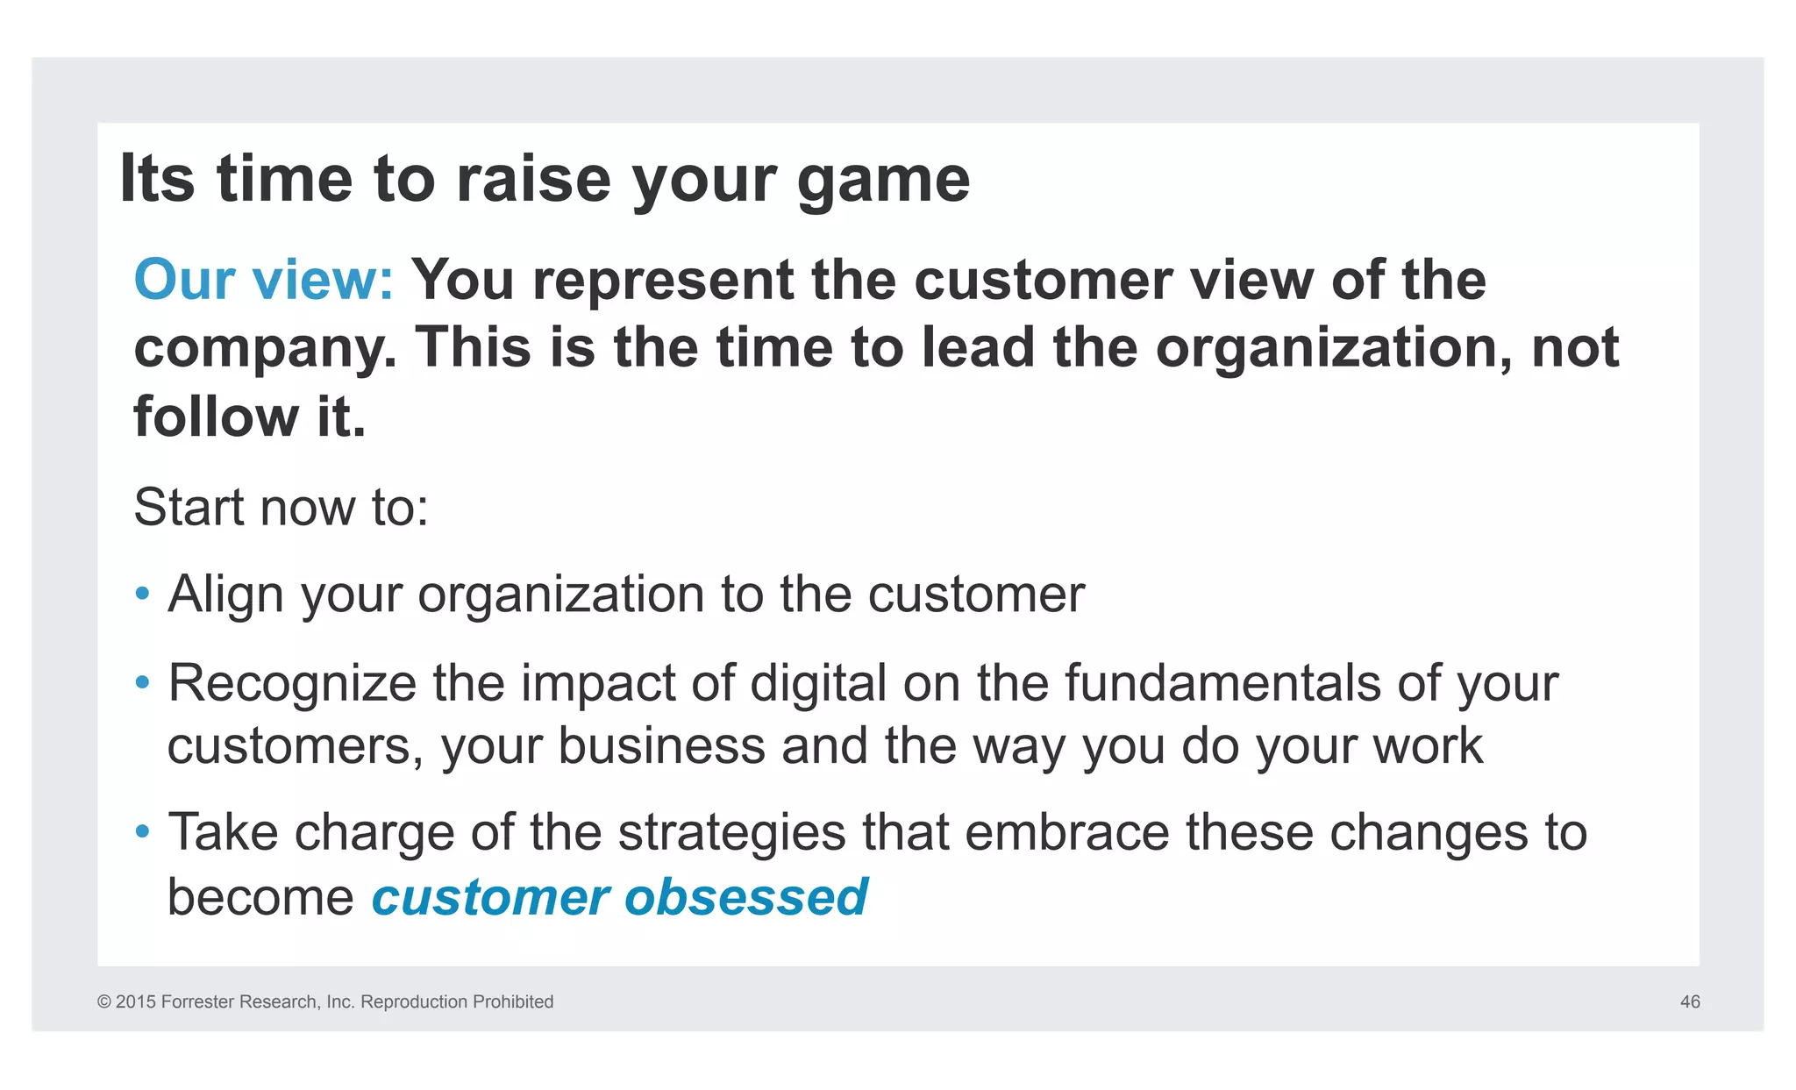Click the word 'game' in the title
click(x=883, y=181)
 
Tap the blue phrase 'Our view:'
click(x=264, y=280)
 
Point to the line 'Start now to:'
click(x=281, y=507)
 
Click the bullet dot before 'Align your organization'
click(x=143, y=594)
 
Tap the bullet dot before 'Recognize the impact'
click(x=143, y=682)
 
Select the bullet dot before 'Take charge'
click(x=143, y=831)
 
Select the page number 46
click(x=1690, y=1001)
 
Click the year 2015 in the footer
click(x=136, y=1001)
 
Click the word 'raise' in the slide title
click(x=533, y=179)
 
